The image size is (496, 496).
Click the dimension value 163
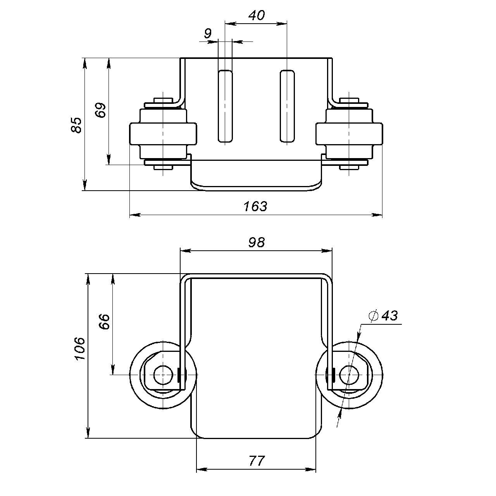point(255,206)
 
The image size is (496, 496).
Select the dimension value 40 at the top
point(256,15)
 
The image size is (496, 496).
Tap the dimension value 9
point(208,34)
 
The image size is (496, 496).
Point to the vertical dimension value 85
point(77,125)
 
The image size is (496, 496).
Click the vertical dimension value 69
point(100,111)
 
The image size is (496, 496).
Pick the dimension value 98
point(256,242)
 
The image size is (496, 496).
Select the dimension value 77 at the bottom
point(256,461)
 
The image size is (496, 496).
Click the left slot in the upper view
point(225,106)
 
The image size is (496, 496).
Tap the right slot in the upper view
point(287,106)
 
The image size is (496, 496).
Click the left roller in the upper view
point(163,134)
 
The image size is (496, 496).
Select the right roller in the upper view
point(349,134)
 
